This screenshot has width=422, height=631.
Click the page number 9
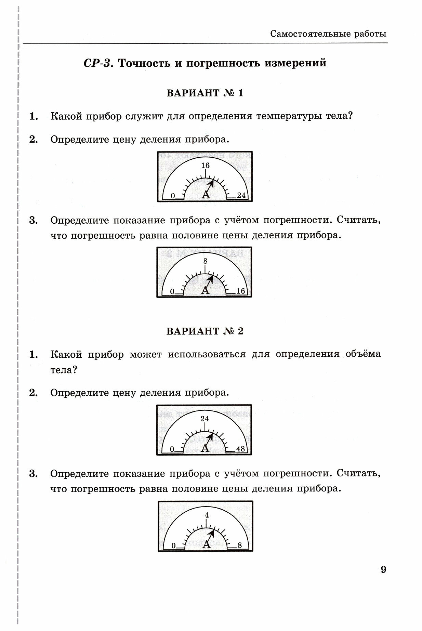coord(383,570)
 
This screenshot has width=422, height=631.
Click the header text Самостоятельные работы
coord(328,34)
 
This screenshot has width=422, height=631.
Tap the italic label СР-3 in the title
coord(98,63)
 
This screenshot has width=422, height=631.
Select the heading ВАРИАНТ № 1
coord(205,93)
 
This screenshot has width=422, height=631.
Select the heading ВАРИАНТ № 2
coord(205,331)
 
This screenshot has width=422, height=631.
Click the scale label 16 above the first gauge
coord(205,166)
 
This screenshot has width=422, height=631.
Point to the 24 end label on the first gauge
coord(241,195)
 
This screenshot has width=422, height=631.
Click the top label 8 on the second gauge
coord(205,261)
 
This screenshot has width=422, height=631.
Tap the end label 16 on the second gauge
coord(241,291)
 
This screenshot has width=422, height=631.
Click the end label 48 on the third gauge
coord(241,449)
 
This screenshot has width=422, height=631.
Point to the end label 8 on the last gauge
coord(240,545)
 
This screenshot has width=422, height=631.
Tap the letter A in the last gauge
coord(206,544)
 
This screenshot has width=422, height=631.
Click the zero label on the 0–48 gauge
coord(172,449)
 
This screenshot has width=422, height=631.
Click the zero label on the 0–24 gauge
coord(173,196)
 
